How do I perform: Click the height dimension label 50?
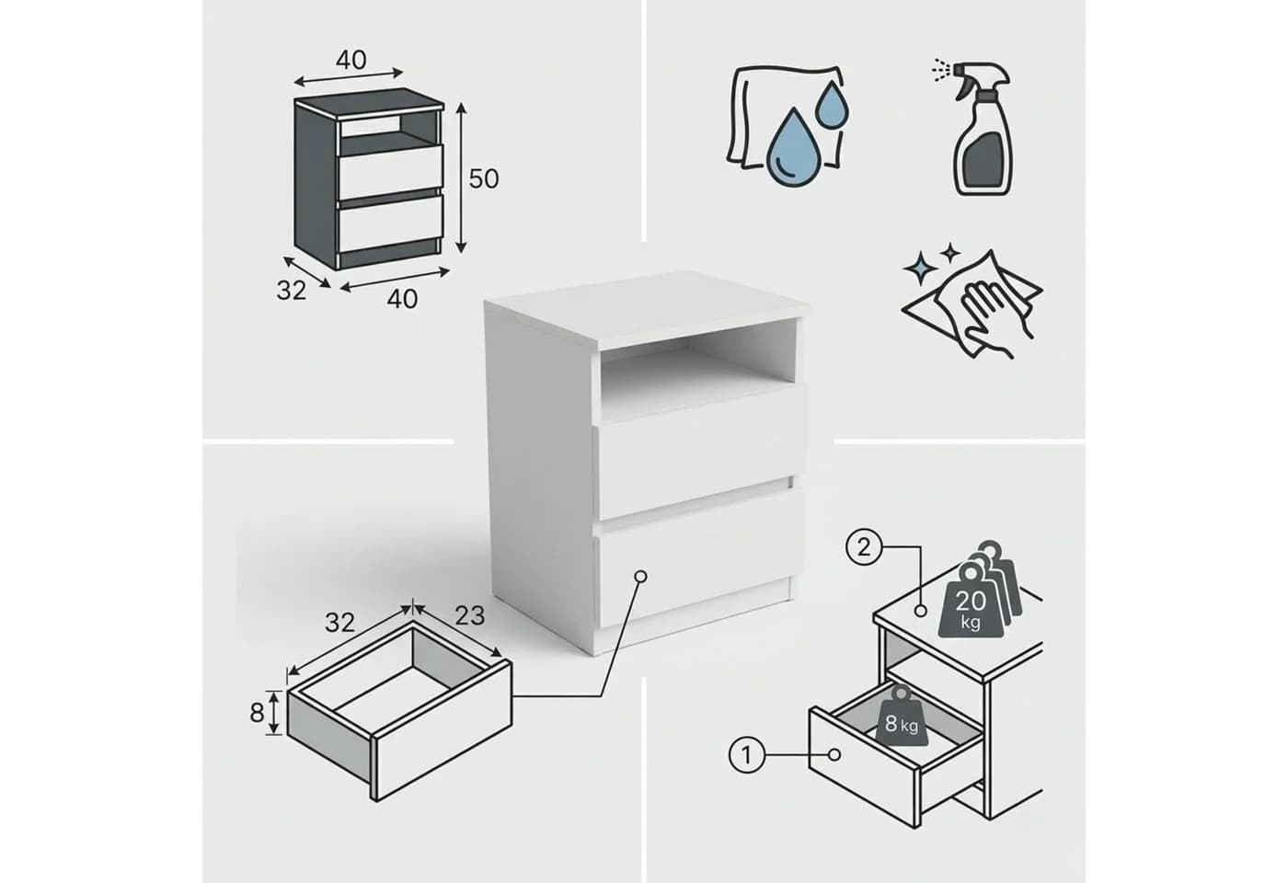point(484,178)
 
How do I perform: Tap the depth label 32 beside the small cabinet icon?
point(292,291)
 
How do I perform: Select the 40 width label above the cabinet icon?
point(351,60)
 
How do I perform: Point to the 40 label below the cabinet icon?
point(402,299)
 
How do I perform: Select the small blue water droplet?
point(832,105)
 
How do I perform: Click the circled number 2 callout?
point(864,548)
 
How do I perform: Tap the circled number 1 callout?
point(747,755)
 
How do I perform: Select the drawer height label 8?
point(257,714)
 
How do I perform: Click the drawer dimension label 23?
point(470,616)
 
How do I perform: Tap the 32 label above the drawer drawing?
point(339,623)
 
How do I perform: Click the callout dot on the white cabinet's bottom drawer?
point(641,576)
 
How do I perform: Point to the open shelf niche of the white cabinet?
point(697,370)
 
